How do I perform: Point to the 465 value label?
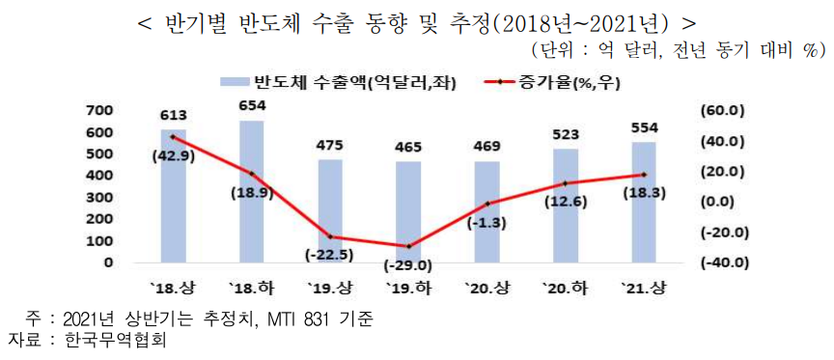click(407, 148)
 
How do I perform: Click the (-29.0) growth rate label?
click(407, 264)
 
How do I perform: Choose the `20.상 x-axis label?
click(486, 288)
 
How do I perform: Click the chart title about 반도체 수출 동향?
click(417, 21)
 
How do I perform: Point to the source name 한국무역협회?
click(112, 340)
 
